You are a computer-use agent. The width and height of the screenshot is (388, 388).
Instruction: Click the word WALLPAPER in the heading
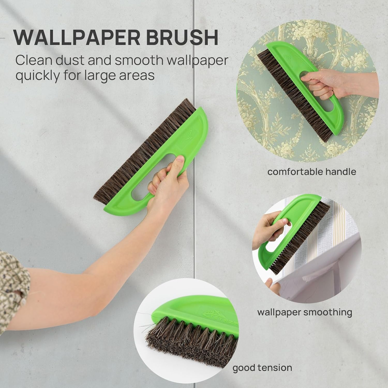(75, 38)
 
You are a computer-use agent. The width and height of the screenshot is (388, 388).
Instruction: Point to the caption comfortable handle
(312, 172)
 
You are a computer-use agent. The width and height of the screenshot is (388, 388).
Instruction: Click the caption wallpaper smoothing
(304, 312)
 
